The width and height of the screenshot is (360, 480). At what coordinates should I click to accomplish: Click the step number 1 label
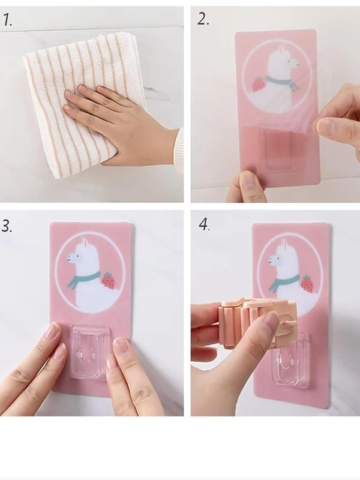(8, 20)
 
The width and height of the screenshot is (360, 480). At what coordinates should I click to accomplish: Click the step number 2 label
(203, 19)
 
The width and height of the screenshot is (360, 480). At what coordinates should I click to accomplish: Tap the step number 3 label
(7, 226)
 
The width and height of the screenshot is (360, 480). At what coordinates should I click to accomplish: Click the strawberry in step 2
(259, 84)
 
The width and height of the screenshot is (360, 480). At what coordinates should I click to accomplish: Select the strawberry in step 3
(109, 280)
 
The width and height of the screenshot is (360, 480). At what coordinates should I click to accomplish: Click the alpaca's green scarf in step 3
(82, 278)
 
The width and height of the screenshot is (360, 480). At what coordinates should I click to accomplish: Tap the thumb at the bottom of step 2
(247, 185)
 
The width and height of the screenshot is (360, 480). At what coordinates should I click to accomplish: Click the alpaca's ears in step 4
(284, 244)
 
